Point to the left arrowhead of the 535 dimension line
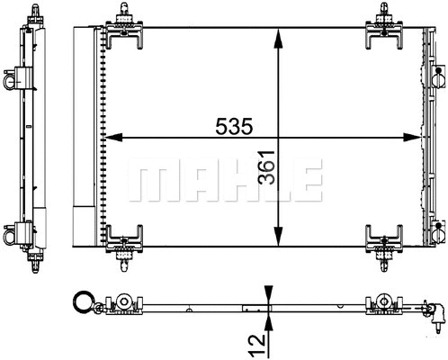point(112,138)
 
